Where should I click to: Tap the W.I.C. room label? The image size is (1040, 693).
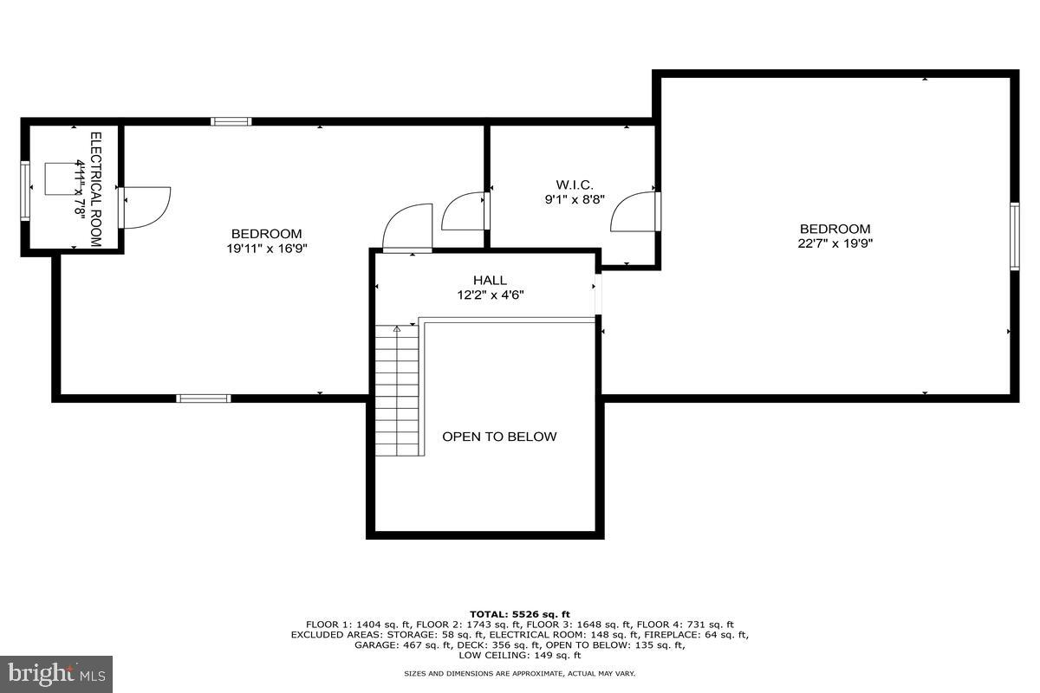(575, 185)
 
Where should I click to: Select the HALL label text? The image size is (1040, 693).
(490, 281)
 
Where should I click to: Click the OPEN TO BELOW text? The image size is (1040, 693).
(499, 437)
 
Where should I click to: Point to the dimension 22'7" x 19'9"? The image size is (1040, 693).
(835, 243)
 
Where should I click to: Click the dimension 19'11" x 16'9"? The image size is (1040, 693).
(266, 248)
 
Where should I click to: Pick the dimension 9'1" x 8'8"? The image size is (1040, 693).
(575, 198)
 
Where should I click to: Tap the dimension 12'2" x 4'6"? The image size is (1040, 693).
(490, 295)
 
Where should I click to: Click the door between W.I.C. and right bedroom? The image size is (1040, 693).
(635, 212)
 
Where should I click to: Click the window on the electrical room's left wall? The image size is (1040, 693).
(26, 190)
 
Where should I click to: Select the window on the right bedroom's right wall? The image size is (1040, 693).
(1013, 236)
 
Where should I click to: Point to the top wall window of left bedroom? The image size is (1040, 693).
(231, 121)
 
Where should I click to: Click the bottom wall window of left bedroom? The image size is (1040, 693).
(204, 398)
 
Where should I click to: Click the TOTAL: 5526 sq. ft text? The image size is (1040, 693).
(519, 614)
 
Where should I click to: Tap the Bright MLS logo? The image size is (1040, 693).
(56, 673)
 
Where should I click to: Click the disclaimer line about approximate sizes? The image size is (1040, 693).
(519, 674)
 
